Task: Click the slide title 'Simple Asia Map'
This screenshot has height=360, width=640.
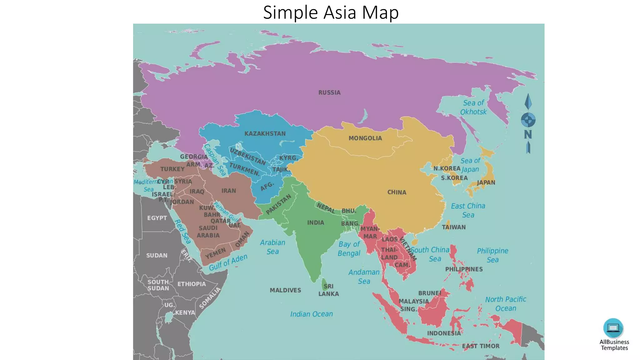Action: pyautogui.click(x=331, y=12)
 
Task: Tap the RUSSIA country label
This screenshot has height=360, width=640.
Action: pyautogui.click(x=329, y=92)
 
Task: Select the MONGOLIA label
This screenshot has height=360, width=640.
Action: pyautogui.click(x=365, y=138)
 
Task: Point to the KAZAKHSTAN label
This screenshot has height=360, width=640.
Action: pyautogui.click(x=265, y=134)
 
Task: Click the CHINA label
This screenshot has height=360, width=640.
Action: pyautogui.click(x=397, y=192)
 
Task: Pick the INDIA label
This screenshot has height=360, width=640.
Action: pyautogui.click(x=316, y=222)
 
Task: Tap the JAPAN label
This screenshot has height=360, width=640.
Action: pyautogui.click(x=486, y=182)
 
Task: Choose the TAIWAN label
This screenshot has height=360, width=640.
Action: pyautogui.click(x=453, y=227)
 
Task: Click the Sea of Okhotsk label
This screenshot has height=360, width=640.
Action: pyautogui.click(x=473, y=107)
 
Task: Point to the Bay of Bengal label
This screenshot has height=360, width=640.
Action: pyautogui.click(x=349, y=248)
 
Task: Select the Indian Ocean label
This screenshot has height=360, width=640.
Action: pyautogui.click(x=311, y=314)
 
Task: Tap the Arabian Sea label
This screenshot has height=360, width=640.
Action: pyautogui.click(x=272, y=247)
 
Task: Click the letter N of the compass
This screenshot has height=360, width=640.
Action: pyautogui.click(x=528, y=134)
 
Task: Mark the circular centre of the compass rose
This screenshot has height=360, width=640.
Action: pyautogui.click(x=528, y=120)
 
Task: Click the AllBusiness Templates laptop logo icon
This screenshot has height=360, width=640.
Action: pyautogui.click(x=613, y=328)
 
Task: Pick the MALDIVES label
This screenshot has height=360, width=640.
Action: pyautogui.click(x=285, y=290)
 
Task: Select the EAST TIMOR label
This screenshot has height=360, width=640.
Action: pyautogui.click(x=481, y=346)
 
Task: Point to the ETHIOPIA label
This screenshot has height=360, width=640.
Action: pyautogui.click(x=192, y=284)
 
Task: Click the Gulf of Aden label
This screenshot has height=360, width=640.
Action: pyautogui.click(x=228, y=262)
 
